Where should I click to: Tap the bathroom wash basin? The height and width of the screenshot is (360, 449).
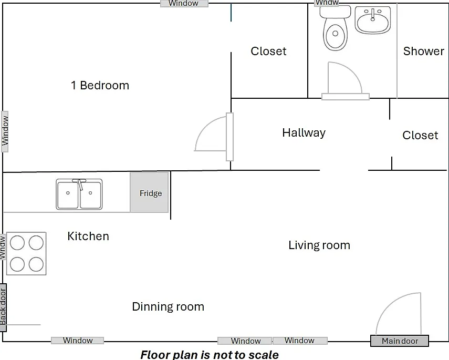tap(372, 20)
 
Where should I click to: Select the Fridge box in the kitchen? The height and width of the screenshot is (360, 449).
tap(149, 192)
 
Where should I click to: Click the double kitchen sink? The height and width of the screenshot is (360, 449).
tap(79, 194)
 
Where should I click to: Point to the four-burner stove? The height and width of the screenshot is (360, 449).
tap(26, 254)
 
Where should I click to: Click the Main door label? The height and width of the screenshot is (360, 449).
tap(400, 341)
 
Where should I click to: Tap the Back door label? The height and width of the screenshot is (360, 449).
tap(3, 307)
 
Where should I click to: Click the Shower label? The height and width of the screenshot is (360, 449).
tap(423, 51)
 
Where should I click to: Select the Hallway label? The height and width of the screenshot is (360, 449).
tap(304, 133)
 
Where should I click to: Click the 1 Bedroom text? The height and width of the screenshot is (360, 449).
tap(100, 86)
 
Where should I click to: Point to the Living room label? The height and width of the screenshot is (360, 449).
tap(319, 245)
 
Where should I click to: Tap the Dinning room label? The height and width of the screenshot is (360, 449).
tap(168, 307)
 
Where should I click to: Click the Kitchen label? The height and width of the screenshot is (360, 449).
tap(88, 236)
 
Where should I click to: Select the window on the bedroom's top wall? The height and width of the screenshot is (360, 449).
tap(184, 4)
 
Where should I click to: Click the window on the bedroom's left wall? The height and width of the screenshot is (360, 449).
tap(5, 131)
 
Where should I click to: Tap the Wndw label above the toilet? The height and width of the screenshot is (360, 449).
tap(327, 3)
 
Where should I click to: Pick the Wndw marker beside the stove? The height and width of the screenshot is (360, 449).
tap(3, 248)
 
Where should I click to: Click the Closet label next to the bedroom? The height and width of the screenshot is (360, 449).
tap(268, 52)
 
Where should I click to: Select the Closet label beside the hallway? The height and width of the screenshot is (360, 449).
tap(420, 135)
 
